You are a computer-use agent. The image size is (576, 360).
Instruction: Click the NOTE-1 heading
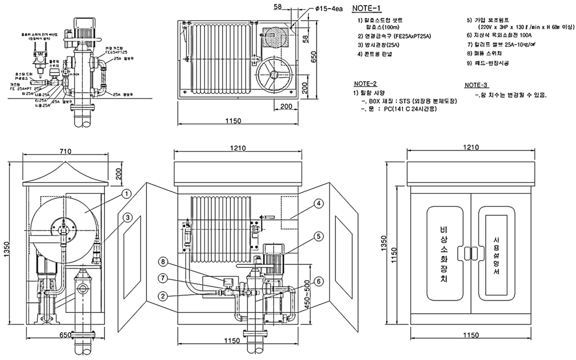click(x=366, y=8)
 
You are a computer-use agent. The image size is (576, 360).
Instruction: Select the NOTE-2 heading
click(x=365, y=83)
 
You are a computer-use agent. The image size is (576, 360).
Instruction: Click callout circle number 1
click(x=125, y=193)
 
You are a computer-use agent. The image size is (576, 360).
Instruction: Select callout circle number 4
click(x=318, y=204)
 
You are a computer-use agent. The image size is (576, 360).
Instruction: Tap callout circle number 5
click(x=318, y=236)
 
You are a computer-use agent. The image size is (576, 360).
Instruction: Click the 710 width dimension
click(x=65, y=152)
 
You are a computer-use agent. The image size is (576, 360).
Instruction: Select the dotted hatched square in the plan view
click(x=277, y=36)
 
